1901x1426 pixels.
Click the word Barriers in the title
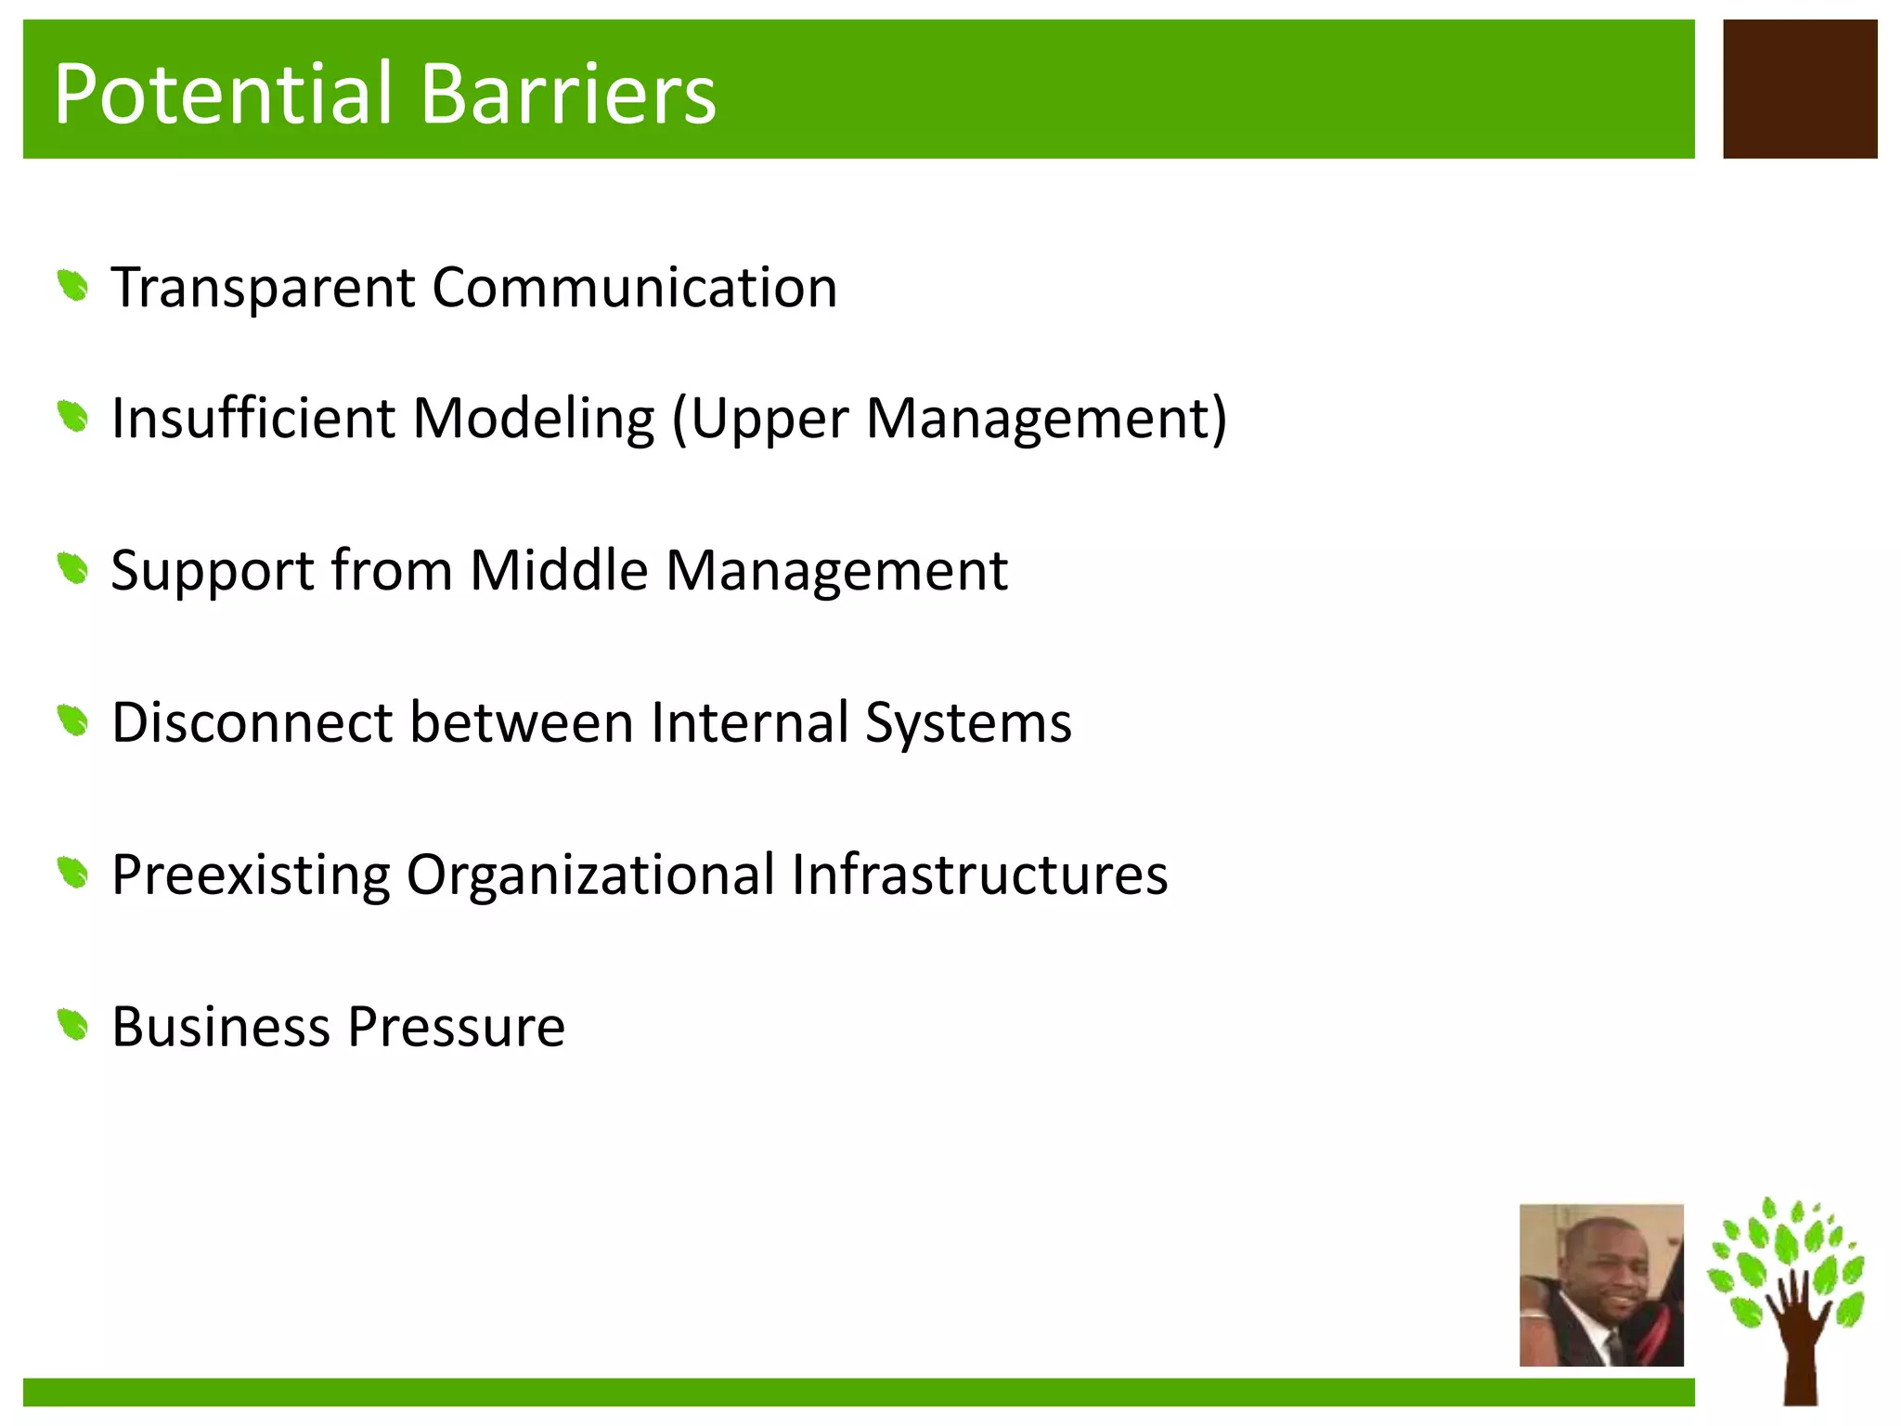(x=569, y=93)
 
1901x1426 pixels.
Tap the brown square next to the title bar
(x=1799, y=89)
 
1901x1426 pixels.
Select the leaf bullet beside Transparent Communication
(x=72, y=286)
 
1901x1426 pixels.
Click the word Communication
(x=634, y=287)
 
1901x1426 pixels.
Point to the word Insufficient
(x=253, y=418)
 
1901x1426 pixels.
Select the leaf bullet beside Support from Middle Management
(x=72, y=568)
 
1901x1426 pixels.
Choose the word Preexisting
(x=251, y=875)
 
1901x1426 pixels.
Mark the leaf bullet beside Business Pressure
(x=72, y=1026)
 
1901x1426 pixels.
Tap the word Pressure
(x=456, y=1028)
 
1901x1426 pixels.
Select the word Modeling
(x=533, y=420)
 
